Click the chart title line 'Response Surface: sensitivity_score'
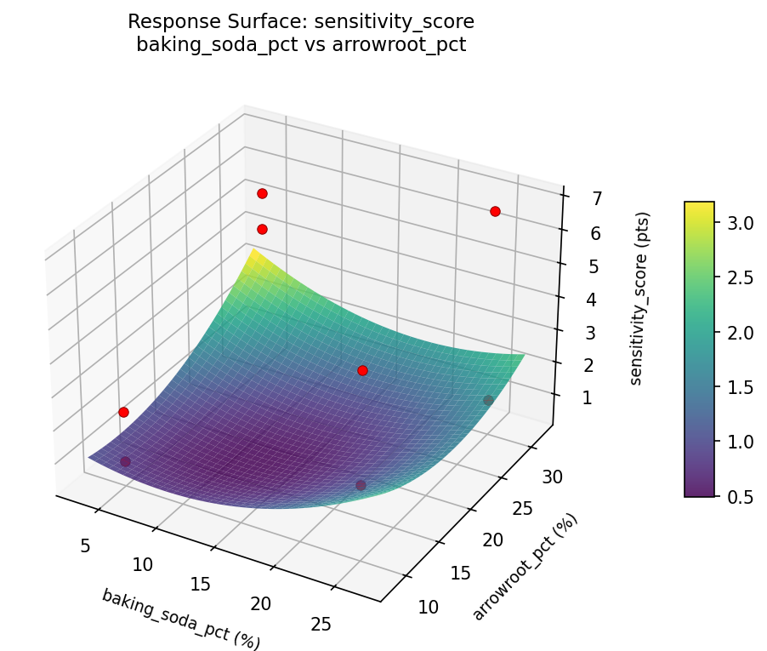pyautogui.click(x=301, y=21)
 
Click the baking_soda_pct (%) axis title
pyautogui.click(x=181, y=619)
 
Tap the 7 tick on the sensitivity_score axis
pyautogui.click(x=574, y=198)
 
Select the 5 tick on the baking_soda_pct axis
pyautogui.click(x=85, y=545)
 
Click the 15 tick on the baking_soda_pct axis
pyautogui.click(x=201, y=584)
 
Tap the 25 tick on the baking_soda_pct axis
pyautogui.click(x=321, y=625)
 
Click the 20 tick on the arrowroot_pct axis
pyautogui.click(x=493, y=540)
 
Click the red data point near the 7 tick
pyautogui.click(x=495, y=211)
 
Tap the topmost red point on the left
pyautogui.click(x=262, y=193)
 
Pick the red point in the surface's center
pyautogui.click(x=362, y=370)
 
